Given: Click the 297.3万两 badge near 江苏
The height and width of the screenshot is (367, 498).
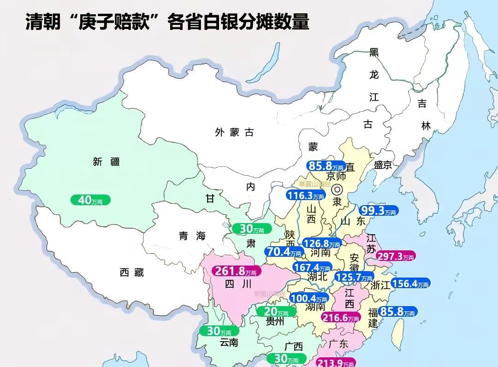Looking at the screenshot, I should coord(396,256).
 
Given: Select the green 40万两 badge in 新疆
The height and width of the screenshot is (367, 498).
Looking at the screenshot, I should coord(90,200).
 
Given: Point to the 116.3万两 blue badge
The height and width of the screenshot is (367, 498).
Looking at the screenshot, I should coord(305,195).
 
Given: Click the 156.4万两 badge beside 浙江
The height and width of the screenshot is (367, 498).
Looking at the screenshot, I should coord(410,284).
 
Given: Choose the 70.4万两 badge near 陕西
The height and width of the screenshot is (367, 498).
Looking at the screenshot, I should coord(284,252).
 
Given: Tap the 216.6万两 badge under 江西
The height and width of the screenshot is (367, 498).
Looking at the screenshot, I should coord(340,318).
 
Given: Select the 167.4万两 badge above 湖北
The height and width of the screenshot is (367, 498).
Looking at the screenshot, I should coord(312,267).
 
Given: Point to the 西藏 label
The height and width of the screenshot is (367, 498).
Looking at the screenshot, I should coord(132,272).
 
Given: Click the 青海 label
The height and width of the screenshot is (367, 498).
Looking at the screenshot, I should coord(192,236).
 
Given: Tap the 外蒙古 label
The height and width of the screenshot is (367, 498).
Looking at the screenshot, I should coord(235,133).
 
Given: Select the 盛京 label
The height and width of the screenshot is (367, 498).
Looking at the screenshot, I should coord(383,165).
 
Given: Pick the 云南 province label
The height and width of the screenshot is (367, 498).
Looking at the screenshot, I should coord(229,342).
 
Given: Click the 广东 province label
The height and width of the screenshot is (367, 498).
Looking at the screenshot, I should coord(338,344).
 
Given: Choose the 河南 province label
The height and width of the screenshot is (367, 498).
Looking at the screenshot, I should coord(320,252).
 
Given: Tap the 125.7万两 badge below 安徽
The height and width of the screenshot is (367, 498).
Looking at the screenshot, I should coord(353,277).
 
